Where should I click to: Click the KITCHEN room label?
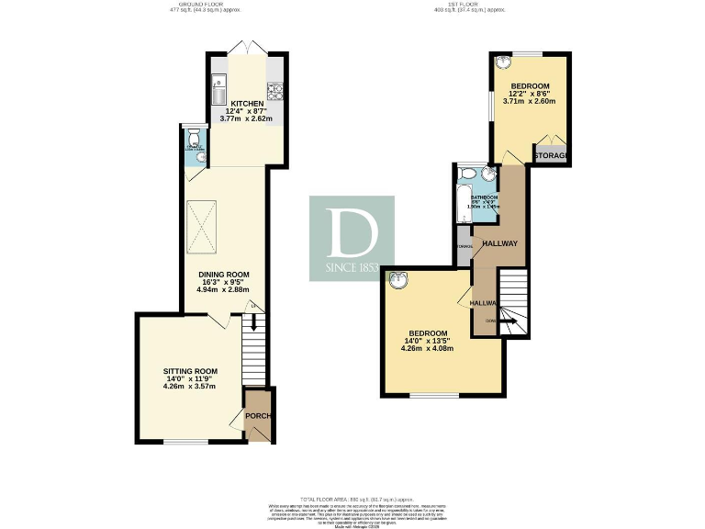(247, 104)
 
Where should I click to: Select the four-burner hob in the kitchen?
(274, 90)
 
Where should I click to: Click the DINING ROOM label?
(224, 275)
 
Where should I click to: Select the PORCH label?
(260, 415)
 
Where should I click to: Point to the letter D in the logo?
(352, 234)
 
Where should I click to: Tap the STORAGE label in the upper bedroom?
(552, 156)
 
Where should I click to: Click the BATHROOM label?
(484, 197)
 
